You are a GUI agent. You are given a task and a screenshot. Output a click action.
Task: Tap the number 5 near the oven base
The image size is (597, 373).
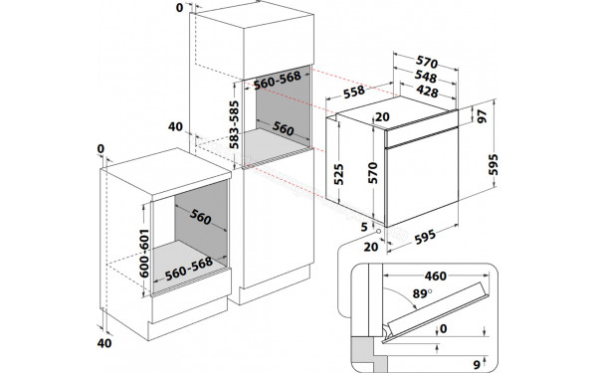[x=365, y=226]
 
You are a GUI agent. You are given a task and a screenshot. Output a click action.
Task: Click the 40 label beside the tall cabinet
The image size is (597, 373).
[x=175, y=127]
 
